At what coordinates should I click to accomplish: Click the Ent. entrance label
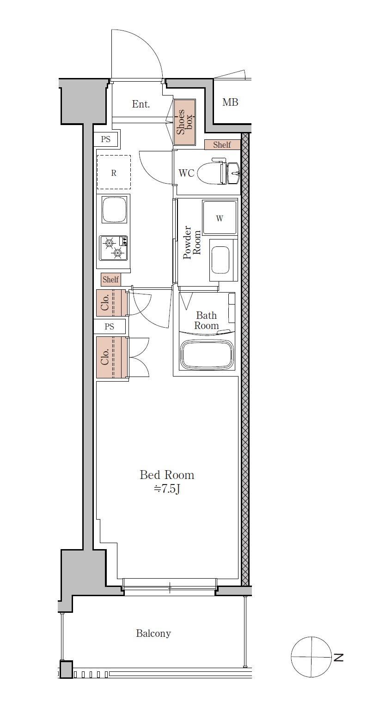click(141, 104)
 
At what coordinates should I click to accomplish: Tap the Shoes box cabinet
click(184, 122)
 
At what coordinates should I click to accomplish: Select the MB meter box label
click(230, 102)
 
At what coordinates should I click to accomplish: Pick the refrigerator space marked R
click(114, 173)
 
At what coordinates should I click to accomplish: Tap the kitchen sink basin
click(114, 210)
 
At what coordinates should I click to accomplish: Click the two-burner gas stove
click(114, 248)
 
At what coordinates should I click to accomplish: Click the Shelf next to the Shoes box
click(222, 145)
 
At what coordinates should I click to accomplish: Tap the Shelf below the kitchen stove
click(111, 280)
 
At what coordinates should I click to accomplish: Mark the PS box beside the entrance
click(105, 139)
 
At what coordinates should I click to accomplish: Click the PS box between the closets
click(110, 326)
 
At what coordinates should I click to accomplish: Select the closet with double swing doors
click(112, 357)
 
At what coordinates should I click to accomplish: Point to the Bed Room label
click(167, 475)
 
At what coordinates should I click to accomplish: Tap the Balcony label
click(153, 634)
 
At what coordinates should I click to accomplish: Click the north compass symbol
click(311, 657)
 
